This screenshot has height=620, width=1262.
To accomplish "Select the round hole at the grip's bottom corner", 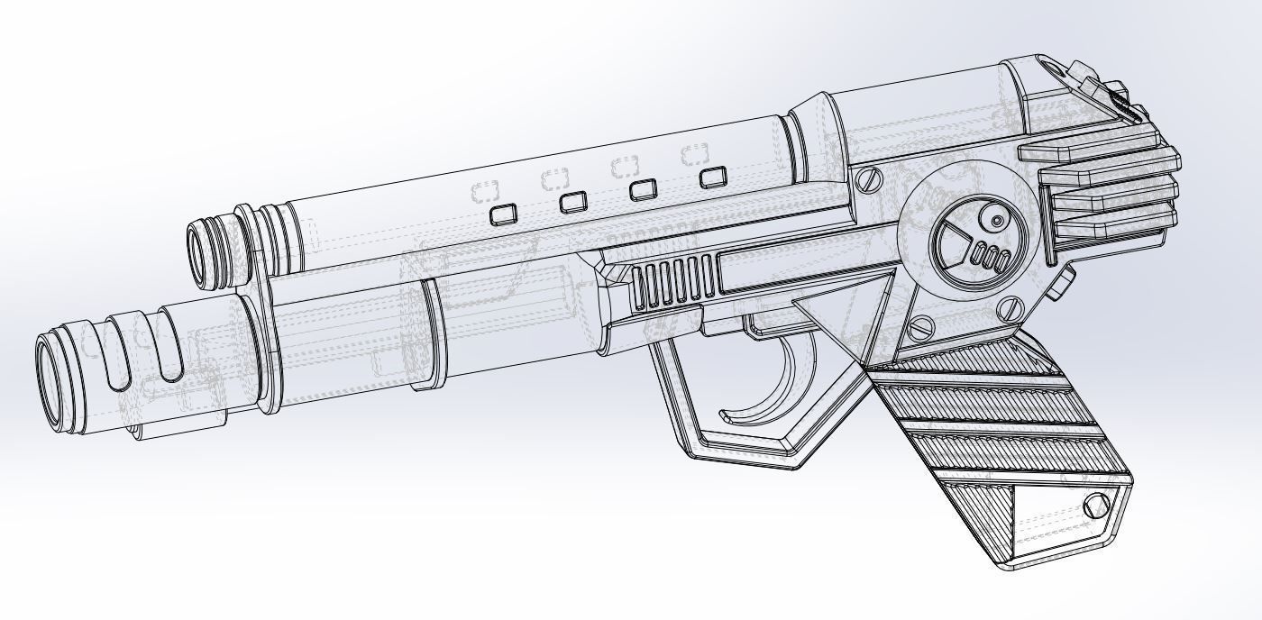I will click(x=1097, y=506).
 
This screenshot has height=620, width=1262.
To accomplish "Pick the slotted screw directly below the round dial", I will click(x=1011, y=310).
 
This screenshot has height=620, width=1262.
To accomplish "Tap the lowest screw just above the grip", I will click(x=920, y=327).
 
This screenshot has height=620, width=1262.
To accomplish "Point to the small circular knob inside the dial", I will click(x=998, y=221).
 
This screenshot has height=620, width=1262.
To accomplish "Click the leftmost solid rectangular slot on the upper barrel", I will click(x=503, y=214).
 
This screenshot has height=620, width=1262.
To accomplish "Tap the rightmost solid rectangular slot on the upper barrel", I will click(x=713, y=177).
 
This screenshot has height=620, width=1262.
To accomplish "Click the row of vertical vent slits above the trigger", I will click(x=674, y=282).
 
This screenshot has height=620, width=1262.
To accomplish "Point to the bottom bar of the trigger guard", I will click(x=739, y=451).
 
